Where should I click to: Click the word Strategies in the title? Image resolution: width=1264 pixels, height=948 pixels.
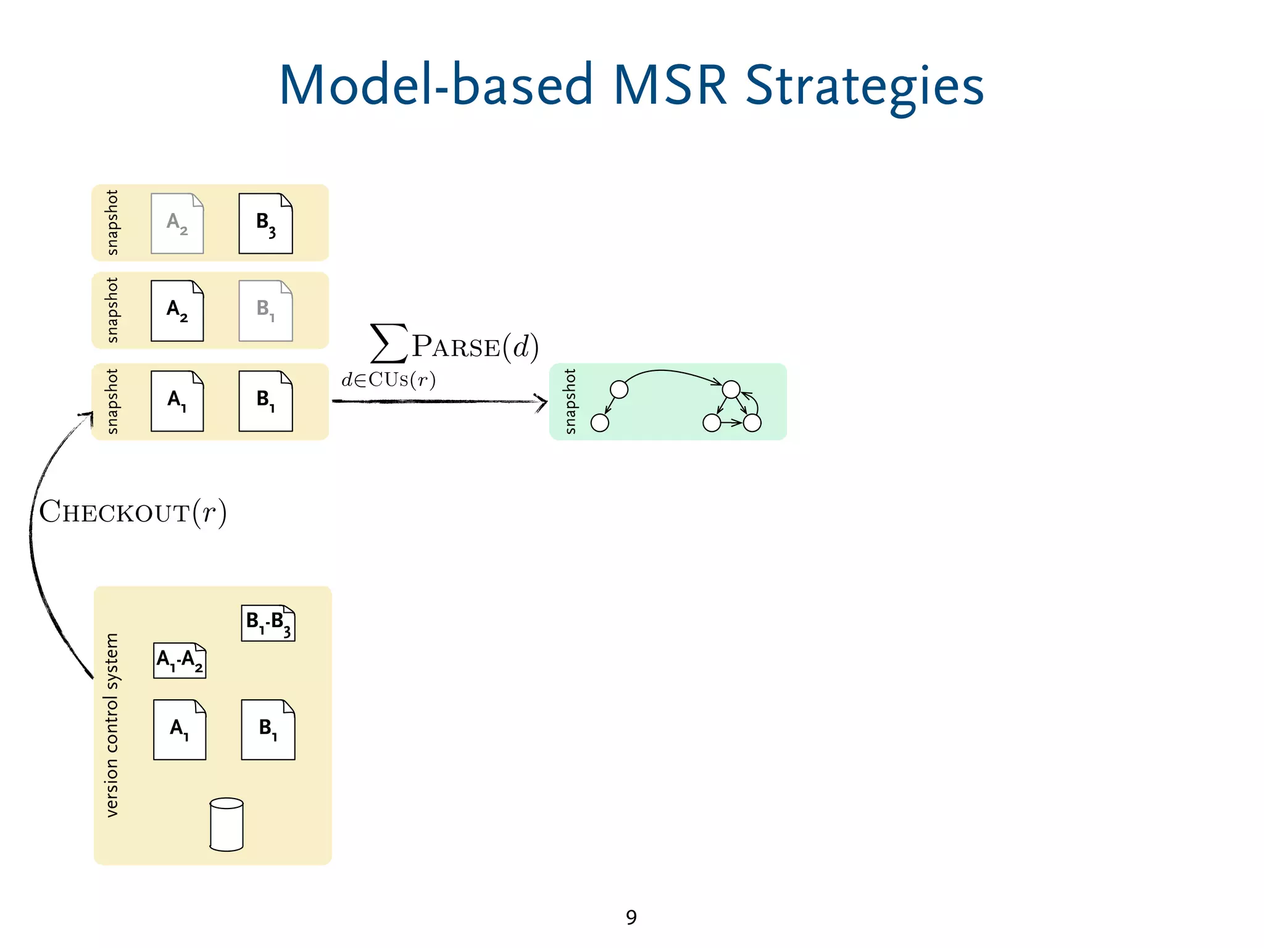[864, 86]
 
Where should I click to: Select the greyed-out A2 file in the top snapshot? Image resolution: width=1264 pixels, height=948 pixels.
[177, 223]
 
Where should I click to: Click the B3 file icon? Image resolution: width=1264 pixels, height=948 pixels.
[265, 223]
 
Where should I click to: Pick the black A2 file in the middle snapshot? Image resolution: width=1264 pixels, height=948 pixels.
[177, 310]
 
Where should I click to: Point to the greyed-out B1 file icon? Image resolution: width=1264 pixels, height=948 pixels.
[265, 310]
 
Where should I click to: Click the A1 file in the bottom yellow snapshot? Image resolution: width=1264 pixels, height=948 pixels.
[177, 401]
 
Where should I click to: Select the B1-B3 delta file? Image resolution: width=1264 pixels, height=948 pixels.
[268, 623]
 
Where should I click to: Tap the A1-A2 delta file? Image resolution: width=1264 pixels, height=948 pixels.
[180, 660]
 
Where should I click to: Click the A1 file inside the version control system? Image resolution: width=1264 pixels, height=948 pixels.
[180, 730]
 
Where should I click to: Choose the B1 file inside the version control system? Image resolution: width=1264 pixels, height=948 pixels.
[268, 730]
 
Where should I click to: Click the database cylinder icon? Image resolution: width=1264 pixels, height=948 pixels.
[227, 825]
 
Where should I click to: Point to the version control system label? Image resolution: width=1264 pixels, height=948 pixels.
[111, 725]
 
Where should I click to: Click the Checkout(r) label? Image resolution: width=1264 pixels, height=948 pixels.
[133, 512]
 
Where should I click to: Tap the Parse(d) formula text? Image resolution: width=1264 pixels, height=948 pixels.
[475, 346]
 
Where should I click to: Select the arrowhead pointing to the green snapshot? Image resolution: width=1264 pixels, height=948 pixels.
[541, 402]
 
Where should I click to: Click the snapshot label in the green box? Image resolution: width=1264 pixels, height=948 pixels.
[570, 401]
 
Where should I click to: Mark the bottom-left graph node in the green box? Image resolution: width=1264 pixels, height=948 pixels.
[599, 423]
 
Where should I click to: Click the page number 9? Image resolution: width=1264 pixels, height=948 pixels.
[631, 917]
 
